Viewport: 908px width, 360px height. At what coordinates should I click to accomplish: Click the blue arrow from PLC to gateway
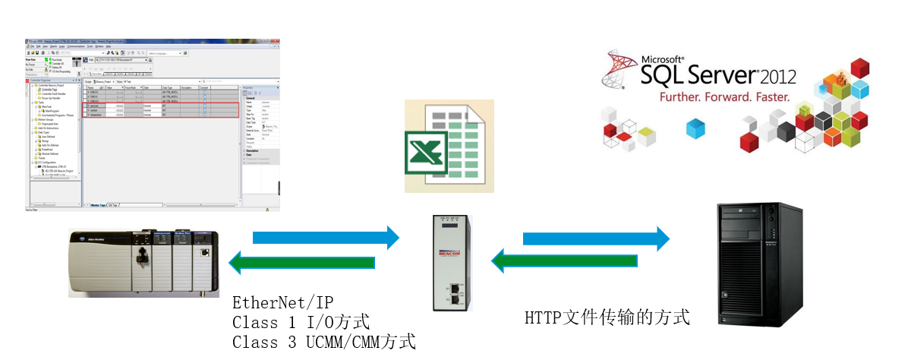[326, 238]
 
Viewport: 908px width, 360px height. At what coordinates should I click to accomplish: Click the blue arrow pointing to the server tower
[596, 238]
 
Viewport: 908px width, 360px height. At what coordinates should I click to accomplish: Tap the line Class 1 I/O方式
[301, 322]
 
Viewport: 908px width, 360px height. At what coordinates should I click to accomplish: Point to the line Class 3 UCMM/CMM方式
[324, 342]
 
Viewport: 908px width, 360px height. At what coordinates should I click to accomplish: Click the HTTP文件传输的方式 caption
[607, 317]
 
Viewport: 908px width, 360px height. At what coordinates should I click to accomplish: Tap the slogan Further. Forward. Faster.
[724, 97]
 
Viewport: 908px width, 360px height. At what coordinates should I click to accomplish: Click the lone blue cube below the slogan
[695, 128]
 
